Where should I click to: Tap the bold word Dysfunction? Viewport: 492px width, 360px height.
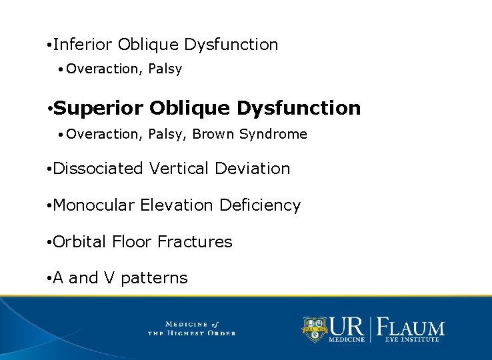coord(299,108)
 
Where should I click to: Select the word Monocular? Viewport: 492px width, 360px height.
coord(94,205)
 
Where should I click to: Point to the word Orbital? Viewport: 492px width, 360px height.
coord(79,242)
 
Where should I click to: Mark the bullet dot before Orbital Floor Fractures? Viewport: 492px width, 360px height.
coord(49,243)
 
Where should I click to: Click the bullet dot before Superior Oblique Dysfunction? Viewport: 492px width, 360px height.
coord(49,109)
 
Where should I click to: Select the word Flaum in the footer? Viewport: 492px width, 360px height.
coord(411,327)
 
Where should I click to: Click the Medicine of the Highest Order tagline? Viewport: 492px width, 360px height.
coord(191,328)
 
